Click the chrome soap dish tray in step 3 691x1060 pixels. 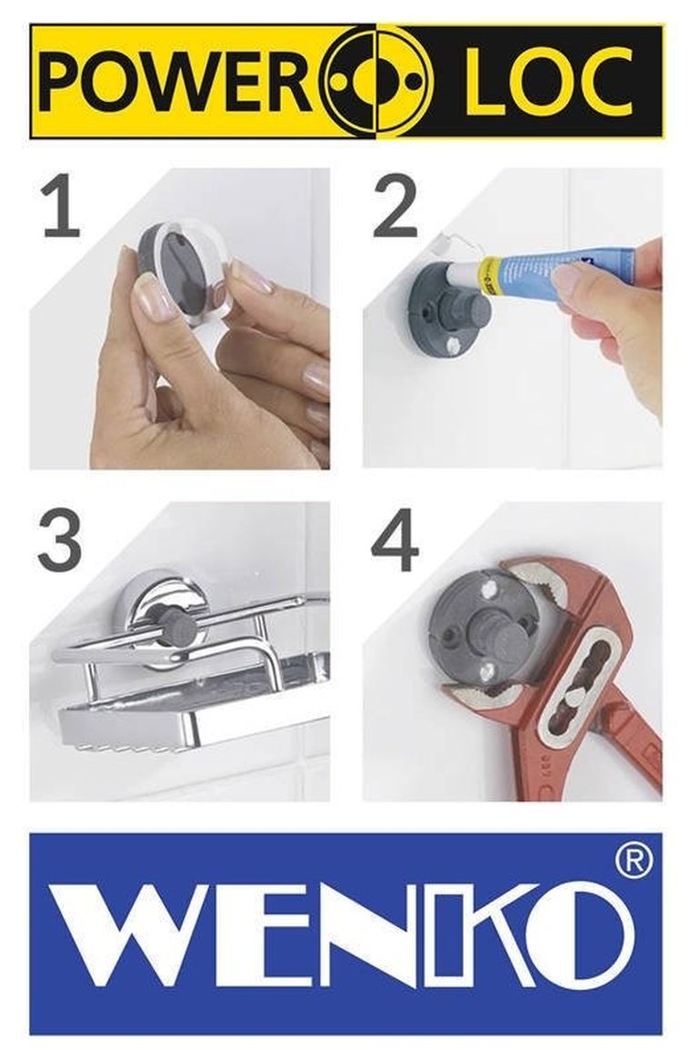click(182, 719)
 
